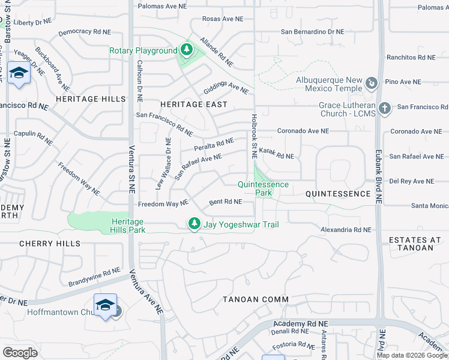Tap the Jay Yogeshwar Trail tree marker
[194, 224]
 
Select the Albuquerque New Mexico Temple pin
[372, 83]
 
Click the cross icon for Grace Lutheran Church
[384, 109]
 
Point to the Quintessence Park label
[263, 188]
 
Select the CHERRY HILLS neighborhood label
[50, 244]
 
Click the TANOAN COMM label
[256, 299]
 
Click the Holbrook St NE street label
[255, 131]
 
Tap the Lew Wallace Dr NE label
[160, 164]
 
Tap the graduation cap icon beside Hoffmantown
[105, 305]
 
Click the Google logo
[20, 353]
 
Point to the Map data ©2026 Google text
[412, 355]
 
